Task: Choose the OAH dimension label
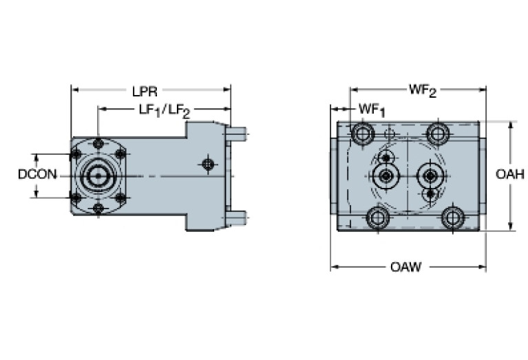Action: point(510,175)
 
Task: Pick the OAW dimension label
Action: point(405,266)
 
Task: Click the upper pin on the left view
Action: point(237,131)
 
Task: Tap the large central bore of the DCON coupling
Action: point(98,176)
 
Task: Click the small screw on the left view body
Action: point(207,164)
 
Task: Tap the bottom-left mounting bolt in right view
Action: point(376,218)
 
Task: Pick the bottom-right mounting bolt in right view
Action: point(452,218)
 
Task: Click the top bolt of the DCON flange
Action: point(98,143)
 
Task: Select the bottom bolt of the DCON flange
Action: point(98,208)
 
